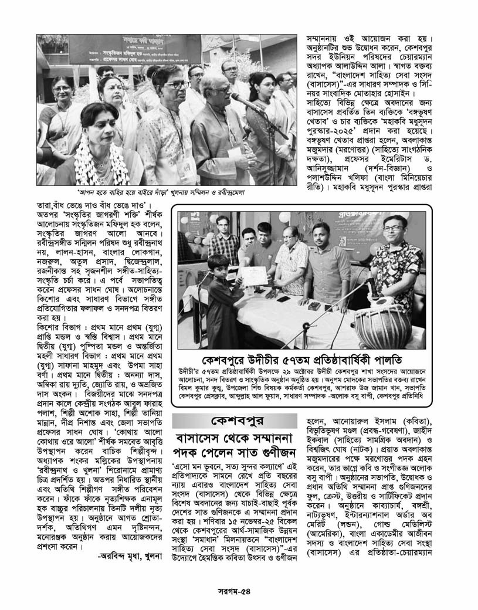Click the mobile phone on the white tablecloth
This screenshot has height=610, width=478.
click(x=281, y=299)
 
